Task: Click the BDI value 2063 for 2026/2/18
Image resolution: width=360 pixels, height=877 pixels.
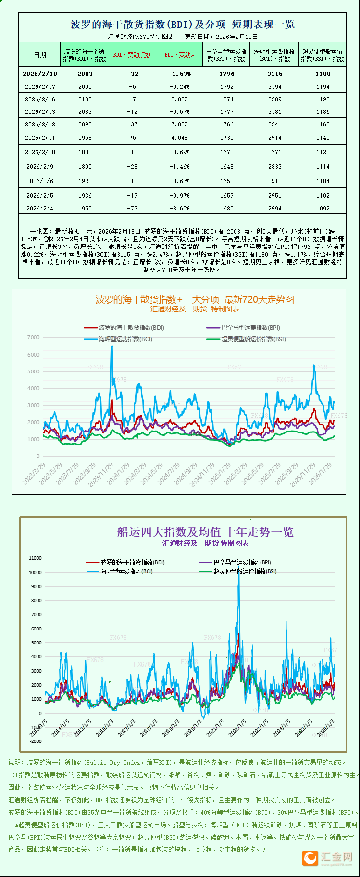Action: coord(85,74)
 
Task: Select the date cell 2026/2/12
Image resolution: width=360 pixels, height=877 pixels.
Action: coord(40,124)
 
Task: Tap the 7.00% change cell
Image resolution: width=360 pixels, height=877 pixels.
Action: coord(179,124)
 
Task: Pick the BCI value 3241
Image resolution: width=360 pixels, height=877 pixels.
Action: coord(274,124)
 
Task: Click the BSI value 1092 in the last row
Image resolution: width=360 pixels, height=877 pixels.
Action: coord(323,208)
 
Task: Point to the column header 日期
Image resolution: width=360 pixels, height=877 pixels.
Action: coord(40,55)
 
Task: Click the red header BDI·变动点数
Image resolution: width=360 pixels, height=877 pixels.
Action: coord(132,55)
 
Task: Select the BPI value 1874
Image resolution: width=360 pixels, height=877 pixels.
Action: coord(227,99)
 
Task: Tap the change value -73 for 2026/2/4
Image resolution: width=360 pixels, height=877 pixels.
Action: coord(132,208)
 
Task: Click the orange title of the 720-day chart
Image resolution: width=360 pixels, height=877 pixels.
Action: coord(195,299)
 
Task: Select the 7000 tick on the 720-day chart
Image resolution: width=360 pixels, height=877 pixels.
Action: coord(34,337)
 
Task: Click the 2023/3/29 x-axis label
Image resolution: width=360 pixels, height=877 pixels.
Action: coord(35,473)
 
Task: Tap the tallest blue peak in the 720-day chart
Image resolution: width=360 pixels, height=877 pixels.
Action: coord(112,346)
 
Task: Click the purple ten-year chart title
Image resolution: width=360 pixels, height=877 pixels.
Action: coord(205,532)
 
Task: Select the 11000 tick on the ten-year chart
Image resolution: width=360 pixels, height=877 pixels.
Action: coord(36,558)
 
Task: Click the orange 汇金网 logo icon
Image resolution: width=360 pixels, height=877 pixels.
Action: coord(310,858)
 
